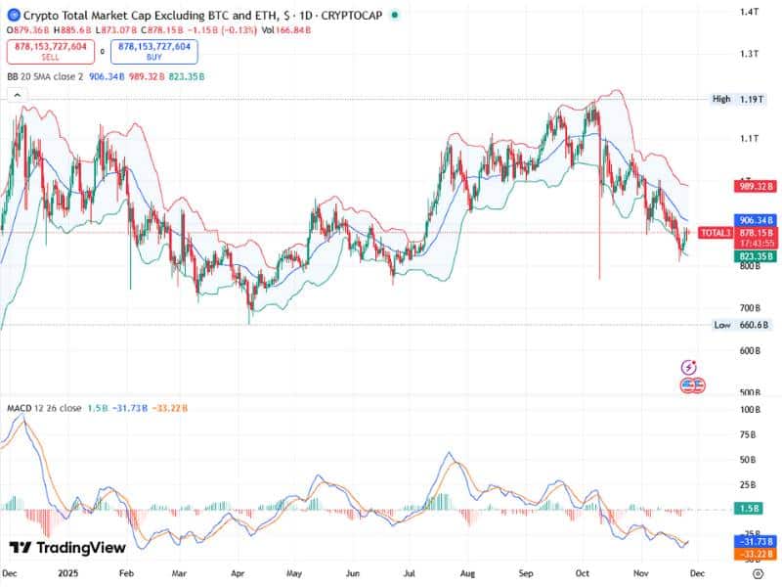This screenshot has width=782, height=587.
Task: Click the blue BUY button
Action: coord(154,52)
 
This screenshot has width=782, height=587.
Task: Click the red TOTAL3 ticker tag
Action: coord(715,233)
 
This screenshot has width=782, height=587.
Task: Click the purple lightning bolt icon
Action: coord(689,368)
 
